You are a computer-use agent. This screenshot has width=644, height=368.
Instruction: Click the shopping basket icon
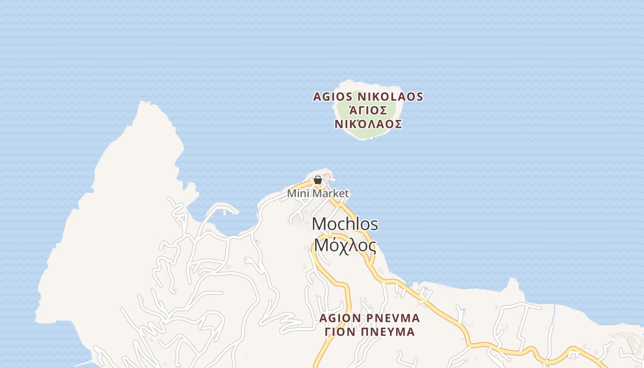(x=317, y=180)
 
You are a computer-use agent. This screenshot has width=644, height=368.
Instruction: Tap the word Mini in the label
(x=297, y=194)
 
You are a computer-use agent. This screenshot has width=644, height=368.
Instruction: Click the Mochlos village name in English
(x=345, y=224)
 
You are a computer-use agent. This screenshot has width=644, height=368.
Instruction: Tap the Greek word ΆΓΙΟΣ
(x=368, y=111)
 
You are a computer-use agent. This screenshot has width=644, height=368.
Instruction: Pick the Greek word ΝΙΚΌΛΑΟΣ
(x=368, y=124)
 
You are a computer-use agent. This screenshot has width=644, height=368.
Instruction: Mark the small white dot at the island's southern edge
(x=371, y=138)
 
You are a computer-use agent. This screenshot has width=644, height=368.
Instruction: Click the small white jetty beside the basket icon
(x=332, y=179)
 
